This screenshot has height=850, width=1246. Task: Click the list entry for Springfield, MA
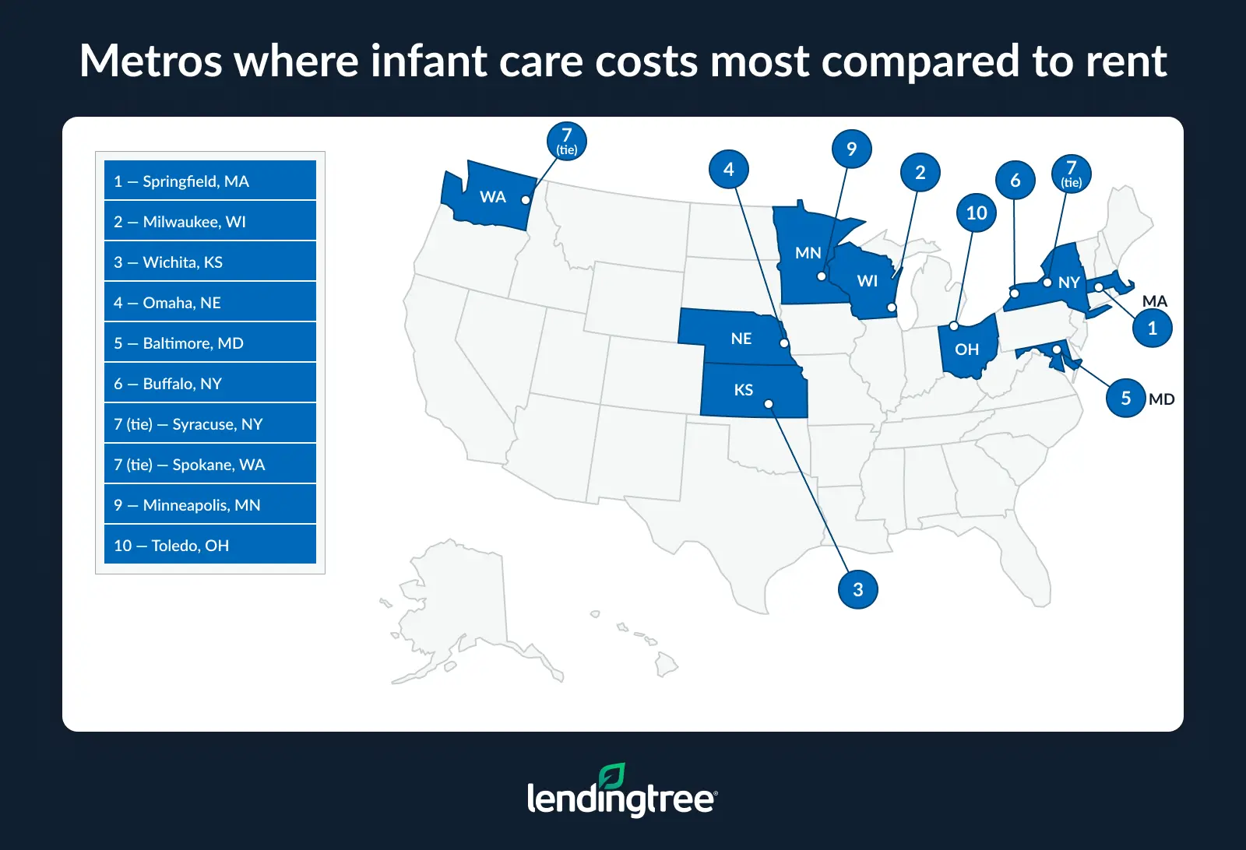point(209,181)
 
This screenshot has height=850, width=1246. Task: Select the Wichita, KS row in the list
point(209,262)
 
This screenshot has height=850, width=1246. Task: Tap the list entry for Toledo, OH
point(209,545)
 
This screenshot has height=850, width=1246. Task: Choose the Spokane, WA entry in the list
point(209,464)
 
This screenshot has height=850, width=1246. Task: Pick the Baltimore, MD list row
point(209,342)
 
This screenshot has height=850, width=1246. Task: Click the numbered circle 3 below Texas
point(857,589)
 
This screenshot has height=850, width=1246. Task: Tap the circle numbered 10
point(976,212)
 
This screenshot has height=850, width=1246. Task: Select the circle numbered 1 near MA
point(1152,328)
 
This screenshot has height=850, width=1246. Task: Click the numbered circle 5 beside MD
point(1125,398)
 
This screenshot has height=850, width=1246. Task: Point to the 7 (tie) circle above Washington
point(566,141)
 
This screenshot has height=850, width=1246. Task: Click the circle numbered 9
point(851,149)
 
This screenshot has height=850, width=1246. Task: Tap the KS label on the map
point(743,390)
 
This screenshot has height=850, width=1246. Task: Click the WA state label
point(492,197)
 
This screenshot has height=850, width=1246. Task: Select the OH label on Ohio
point(966,349)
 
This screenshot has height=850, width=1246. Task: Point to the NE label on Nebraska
point(741,339)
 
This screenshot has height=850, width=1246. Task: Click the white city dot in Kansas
point(769,404)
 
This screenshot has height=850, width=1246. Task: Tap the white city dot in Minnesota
point(822,276)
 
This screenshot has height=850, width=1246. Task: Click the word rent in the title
point(1126,61)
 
